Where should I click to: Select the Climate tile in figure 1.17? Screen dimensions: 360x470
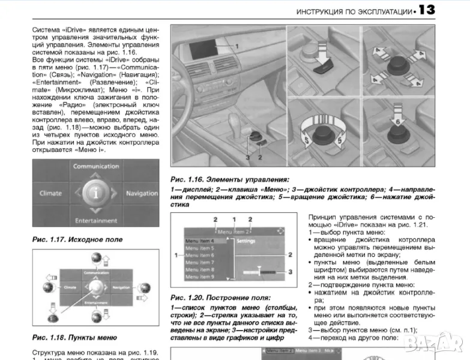[50, 193]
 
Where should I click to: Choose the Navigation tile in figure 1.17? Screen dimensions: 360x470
[141, 193]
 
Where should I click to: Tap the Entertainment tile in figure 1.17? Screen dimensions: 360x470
[96, 220]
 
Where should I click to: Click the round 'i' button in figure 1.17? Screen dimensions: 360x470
[95, 193]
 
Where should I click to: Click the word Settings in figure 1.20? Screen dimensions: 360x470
[246, 241]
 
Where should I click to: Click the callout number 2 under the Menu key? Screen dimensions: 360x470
[261, 157]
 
